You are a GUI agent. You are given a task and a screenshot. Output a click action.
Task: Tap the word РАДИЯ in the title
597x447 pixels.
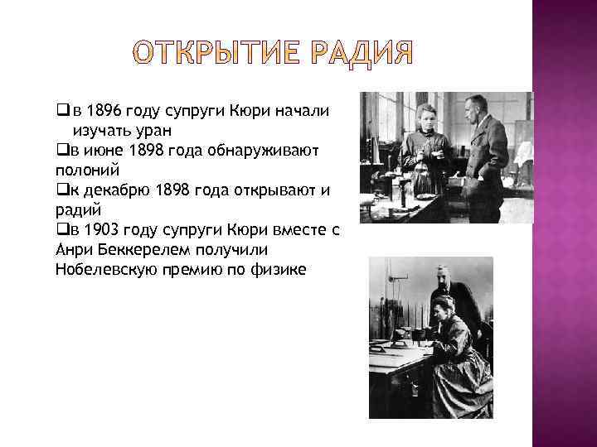tap(362, 52)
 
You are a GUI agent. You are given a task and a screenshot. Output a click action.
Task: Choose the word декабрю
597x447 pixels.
tap(113, 190)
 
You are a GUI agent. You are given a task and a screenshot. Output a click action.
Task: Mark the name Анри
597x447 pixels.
tap(72, 250)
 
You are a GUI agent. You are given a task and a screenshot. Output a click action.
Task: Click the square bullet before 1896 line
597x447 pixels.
tap(61, 112)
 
